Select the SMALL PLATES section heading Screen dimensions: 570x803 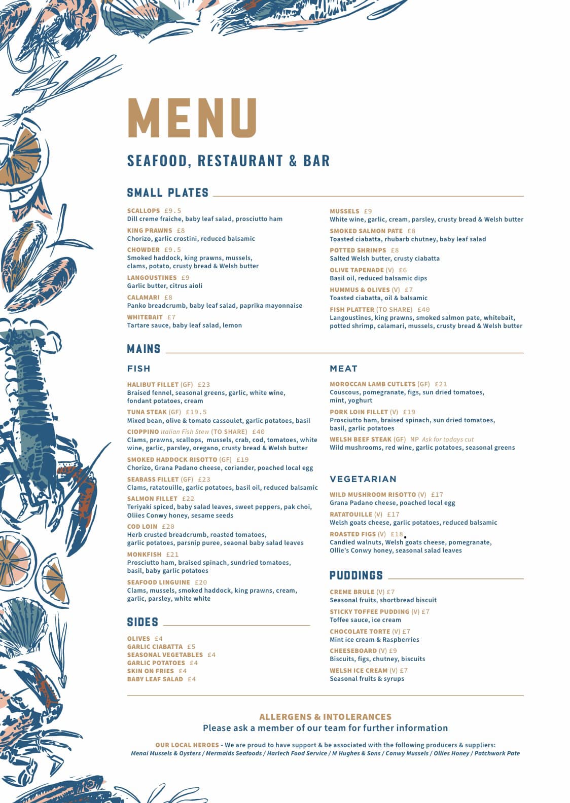point(168,193)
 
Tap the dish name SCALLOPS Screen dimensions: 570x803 point(144,211)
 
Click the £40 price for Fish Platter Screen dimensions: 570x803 point(423,310)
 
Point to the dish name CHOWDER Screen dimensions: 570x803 point(144,250)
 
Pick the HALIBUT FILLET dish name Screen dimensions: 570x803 point(153,385)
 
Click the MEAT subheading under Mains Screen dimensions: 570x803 point(343,369)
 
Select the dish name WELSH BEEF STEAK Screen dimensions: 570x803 point(361,440)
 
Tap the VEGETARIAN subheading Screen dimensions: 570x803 point(363,479)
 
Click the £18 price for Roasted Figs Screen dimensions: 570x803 point(397,534)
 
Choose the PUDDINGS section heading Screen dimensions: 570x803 point(356,575)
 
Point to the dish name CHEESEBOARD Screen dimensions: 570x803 point(353,651)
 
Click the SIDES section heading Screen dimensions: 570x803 point(142,622)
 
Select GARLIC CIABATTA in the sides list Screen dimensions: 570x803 point(155,647)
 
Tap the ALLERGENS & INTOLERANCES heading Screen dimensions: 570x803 point(325,717)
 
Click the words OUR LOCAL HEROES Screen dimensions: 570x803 point(187,745)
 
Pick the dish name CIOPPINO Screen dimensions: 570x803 point(143,432)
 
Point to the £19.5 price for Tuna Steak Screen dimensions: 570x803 point(196,412)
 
